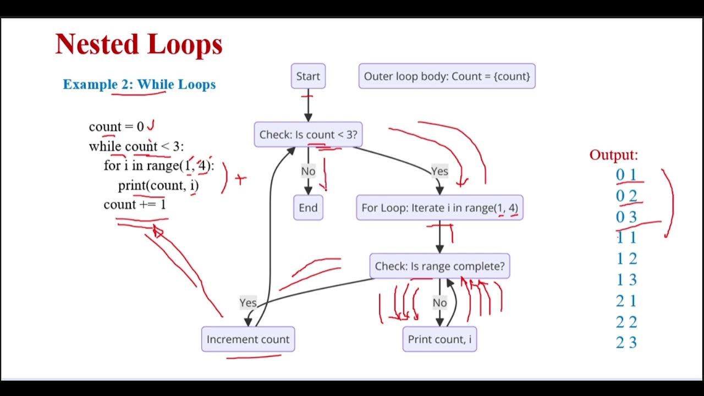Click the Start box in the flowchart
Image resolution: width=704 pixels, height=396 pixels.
[x=308, y=76]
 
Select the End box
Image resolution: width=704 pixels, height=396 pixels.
[x=308, y=208]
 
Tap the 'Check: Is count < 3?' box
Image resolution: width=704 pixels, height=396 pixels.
[x=308, y=135]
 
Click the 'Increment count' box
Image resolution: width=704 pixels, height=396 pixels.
[x=248, y=339]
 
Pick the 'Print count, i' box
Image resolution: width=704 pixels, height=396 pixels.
[x=439, y=339]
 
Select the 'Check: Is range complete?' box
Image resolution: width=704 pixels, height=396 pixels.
[x=439, y=266]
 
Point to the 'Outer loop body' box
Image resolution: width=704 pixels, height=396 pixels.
[x=447, y=76]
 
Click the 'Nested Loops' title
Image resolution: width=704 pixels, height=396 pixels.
[x=139, y=44]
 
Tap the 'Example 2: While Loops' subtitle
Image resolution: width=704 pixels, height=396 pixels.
[x=139, y=84]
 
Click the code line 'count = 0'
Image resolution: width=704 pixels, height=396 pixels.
[x=117, y=127]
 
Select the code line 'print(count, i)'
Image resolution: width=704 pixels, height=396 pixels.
[x=158, y=185]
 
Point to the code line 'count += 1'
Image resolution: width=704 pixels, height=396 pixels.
[x=135, y=205]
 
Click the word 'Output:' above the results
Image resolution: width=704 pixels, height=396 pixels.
[x=613, y=155]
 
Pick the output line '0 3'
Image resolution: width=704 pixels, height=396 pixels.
[x=626, y=217]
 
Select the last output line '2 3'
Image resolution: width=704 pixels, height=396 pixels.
[x=626, y=343]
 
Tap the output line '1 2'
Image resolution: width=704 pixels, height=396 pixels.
[x=626, y=259]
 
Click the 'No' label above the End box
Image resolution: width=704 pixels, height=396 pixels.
[x=308, y=171]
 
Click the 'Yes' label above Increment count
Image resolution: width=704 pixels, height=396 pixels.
[x=248, y=302]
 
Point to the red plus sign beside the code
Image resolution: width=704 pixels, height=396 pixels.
[x=240, y=179]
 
